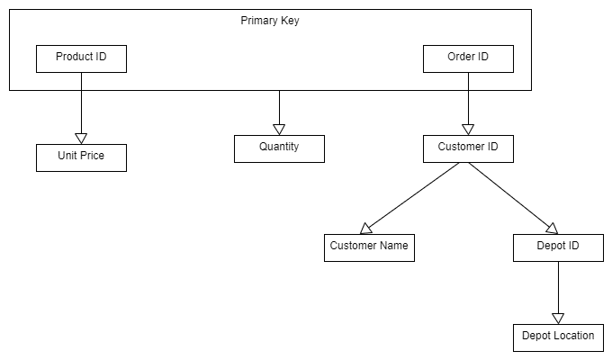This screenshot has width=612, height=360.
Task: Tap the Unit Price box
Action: point(81,157)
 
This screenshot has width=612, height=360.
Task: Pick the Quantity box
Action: point(279,148)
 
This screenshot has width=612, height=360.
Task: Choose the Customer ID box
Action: point(468,148)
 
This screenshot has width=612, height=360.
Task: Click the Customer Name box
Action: point(369,247)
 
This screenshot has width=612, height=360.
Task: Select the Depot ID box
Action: point(558,247)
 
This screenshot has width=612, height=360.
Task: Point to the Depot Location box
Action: point(558,337)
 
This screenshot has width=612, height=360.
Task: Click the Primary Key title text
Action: point(270,21)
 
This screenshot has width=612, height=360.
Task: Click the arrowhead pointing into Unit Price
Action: point(81,138)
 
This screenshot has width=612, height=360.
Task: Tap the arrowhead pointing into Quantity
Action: point(279,129)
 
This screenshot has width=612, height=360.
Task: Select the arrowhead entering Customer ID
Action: point(468,129)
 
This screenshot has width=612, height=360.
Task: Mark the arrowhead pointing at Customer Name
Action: point(366,229)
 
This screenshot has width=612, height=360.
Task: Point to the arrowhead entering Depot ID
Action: point(552,229)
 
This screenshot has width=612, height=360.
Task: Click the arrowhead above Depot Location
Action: point(558,318)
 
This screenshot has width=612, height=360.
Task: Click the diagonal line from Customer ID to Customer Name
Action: point(414,195)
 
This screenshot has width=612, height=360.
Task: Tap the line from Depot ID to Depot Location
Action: point(558,286)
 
